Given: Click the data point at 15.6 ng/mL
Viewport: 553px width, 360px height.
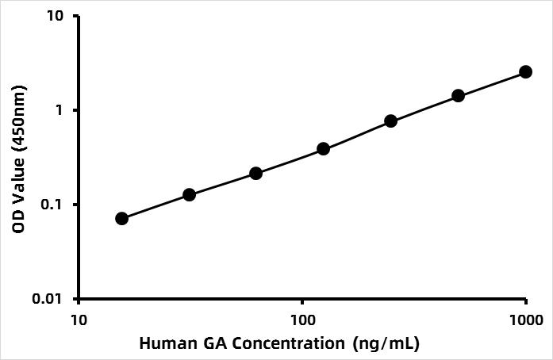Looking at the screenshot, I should (x=121, y=218).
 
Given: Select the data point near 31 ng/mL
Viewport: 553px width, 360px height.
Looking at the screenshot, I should (x=189, y=194).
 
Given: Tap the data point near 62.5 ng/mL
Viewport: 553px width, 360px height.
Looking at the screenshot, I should (x=256, y=173).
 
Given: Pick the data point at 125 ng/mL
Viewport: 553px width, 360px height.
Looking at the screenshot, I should (x=324, y=148).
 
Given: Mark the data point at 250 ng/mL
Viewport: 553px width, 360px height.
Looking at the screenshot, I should (x=390, y=121).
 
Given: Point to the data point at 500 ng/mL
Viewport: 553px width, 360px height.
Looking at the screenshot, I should (x=458, y=95).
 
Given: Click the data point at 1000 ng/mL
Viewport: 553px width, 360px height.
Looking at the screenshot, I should (x=525, y=71).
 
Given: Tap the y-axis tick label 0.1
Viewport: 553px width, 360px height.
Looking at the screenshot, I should (x=57, y=205).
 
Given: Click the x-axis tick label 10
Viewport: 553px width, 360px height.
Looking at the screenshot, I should (x=78, y=319).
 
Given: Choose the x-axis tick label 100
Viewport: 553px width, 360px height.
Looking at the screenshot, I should (x=302, y=319).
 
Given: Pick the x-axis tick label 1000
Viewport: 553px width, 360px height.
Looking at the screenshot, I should (x=525, y=319).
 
